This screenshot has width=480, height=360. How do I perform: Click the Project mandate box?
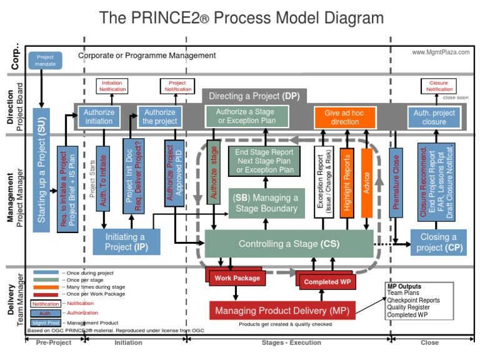click(45, 61)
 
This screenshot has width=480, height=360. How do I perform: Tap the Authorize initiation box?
click(99, 117)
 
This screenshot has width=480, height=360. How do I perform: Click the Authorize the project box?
click(160, 117)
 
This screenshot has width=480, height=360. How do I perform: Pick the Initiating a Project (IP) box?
click(125, 242)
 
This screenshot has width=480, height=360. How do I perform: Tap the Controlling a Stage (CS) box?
click(289, 244)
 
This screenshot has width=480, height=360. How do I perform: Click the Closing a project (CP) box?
click(438, 242)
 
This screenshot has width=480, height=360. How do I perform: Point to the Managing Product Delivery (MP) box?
click(282, 311)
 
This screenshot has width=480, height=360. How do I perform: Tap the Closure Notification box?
click(439, 86)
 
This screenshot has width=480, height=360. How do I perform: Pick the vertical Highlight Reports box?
click(347, 182)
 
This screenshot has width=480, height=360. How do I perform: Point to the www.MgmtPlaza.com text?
click(441, 52)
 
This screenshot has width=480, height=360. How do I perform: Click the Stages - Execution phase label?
click(291, 342)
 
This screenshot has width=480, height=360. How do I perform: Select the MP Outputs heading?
click(404, 286)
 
